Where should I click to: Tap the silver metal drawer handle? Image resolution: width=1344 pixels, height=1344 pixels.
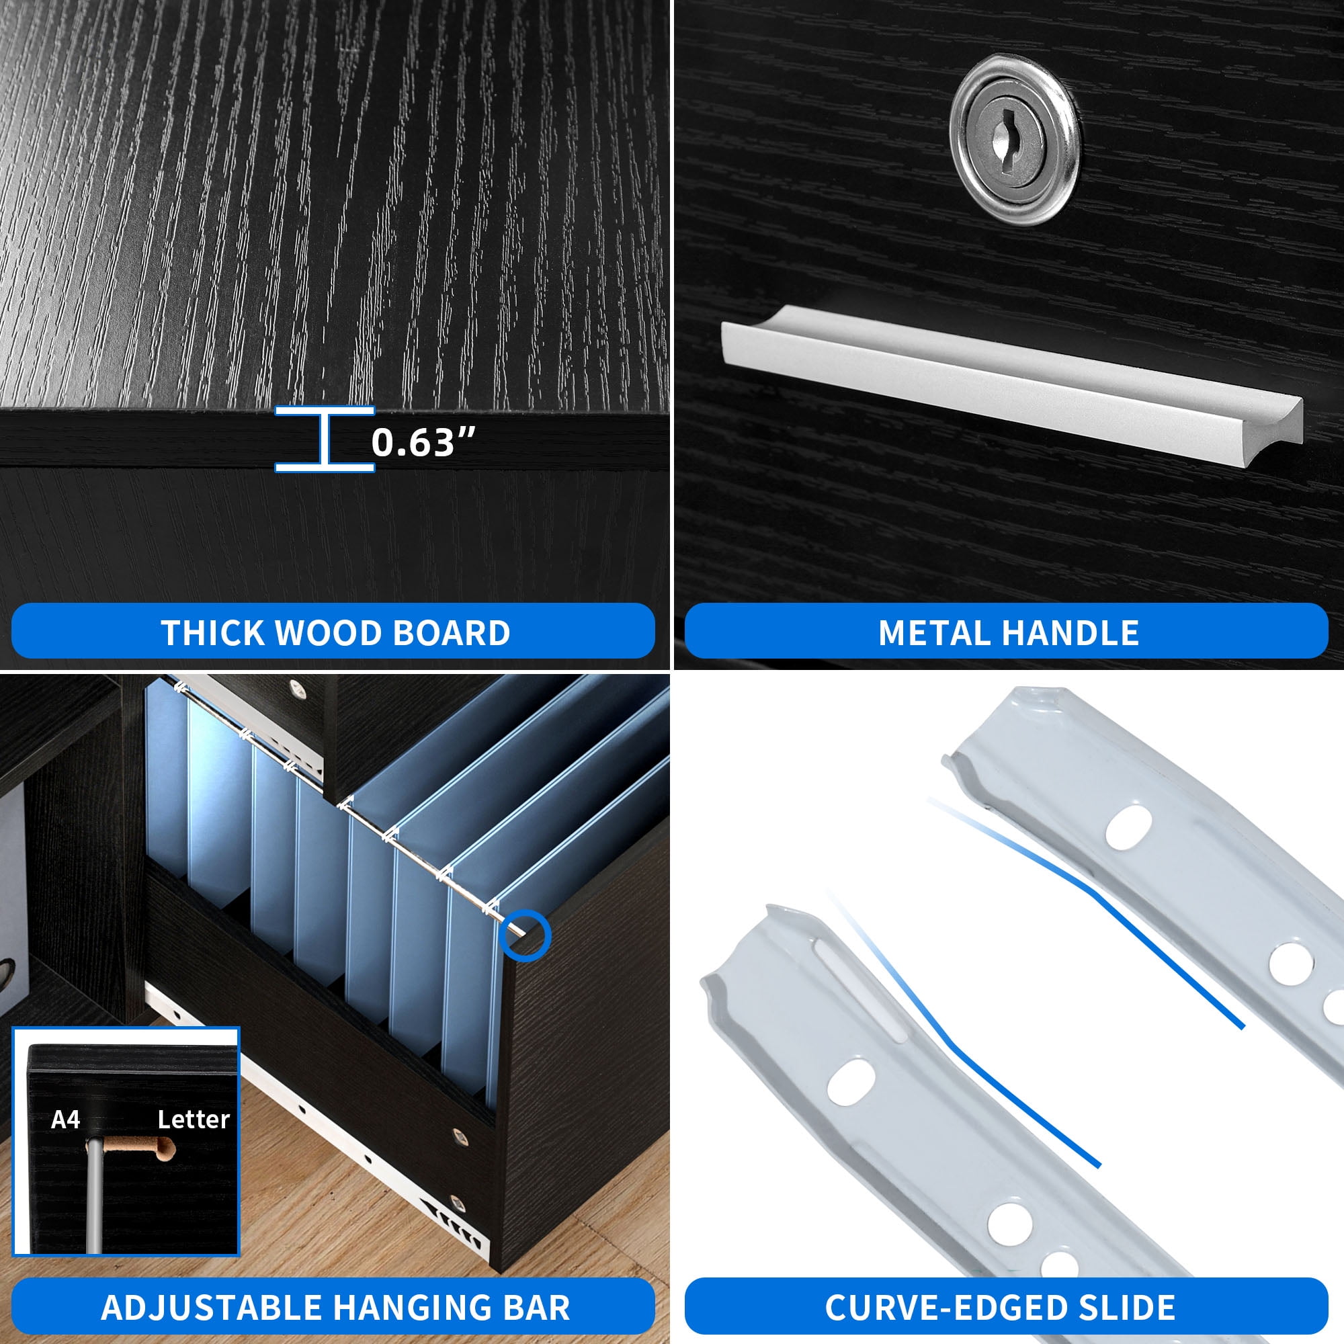1011,382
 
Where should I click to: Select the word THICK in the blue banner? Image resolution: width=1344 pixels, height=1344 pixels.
214,633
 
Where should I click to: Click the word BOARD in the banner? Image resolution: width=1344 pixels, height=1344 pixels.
452,633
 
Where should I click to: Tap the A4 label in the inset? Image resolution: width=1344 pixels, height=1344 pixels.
65,1120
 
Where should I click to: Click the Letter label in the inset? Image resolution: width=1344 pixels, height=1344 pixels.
194,1120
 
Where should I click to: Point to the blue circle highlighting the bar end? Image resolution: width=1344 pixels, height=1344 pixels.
526,935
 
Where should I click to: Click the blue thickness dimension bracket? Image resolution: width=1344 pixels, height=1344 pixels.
325,439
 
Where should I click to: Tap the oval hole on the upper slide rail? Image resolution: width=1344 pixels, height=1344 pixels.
1128,827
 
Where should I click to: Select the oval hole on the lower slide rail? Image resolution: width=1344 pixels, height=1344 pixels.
851,1082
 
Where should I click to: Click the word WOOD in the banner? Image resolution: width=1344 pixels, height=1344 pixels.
329,633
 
